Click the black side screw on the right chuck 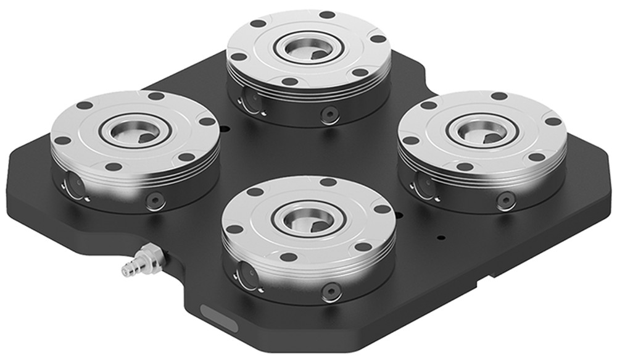506,199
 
